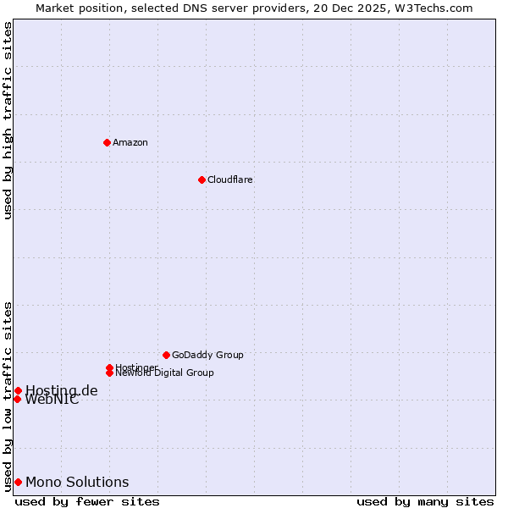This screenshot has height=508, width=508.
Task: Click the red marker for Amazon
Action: [107, 142]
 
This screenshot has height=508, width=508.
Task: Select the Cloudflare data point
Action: [202, 179]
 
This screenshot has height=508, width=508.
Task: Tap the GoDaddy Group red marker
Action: [166, 355]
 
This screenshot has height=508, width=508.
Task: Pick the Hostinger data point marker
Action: [109, 367]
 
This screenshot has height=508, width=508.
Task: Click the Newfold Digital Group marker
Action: [109, 373]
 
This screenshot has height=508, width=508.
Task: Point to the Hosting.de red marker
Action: [18, 390]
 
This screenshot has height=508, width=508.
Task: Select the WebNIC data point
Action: [17, 399]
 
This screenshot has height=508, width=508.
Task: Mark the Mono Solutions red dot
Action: [18, 482]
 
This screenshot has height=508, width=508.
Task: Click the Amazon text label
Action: [130, 142]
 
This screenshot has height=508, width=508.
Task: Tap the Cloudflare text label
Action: [230, 179]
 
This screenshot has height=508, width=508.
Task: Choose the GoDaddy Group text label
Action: [207, 355]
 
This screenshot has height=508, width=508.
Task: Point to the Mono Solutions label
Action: [77, 482]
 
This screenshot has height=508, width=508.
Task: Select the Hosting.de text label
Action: [62, 390]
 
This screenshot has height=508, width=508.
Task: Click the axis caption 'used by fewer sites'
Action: [87, 501]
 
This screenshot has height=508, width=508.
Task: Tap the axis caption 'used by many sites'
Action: [425, 501]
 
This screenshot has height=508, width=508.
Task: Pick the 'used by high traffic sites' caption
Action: [8, 120]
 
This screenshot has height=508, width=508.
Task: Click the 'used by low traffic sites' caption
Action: [8, 395]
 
